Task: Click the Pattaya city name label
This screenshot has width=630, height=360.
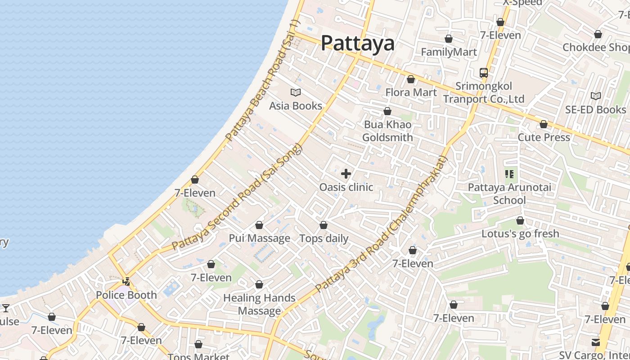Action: [x=358, y=43]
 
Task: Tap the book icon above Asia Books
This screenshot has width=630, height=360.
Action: [x=296, y=92]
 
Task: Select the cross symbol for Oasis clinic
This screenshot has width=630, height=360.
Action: [x=346, y=174]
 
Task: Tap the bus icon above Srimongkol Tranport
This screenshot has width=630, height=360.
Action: [x=484, y=72]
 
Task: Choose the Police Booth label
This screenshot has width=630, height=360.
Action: [x=126, y=295]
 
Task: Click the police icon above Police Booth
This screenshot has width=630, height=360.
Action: [x=126, y=282]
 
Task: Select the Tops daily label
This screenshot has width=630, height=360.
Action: [x=324, y=238]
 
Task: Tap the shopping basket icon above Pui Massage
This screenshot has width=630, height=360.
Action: [x=259, y=225]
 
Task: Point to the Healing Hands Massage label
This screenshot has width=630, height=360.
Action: [x=260, y=304]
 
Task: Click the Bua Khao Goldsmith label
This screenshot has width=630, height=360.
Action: [x=387, y=130]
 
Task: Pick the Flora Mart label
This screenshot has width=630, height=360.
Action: [x=411, y=92]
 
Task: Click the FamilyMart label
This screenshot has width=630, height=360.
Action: [x=449, y=52]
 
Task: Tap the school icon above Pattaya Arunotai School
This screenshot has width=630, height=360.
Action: [x=509, y=174]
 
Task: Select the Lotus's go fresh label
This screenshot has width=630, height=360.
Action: [x=520, y=234]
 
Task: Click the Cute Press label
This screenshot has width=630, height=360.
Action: [x=544, y=137]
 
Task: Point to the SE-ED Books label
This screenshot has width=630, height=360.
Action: [x=596, y=109]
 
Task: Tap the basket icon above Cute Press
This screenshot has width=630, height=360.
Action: [x=544, y=124]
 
